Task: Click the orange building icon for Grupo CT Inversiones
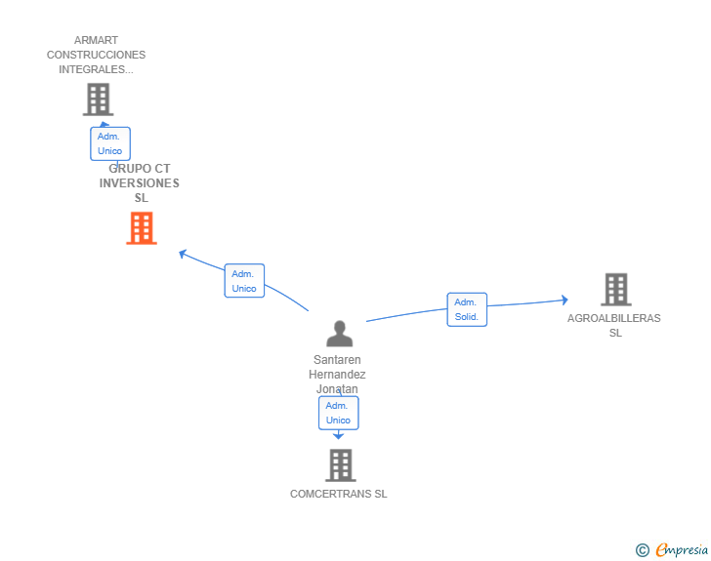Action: point(142,228)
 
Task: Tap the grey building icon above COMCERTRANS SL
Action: point(339,465)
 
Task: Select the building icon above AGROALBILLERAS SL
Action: point(615,290)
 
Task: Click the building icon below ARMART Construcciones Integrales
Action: point(98,100)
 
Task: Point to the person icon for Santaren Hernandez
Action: point(339,335)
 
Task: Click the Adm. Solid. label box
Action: point(467,309)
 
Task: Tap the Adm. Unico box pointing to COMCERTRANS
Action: point(338,413)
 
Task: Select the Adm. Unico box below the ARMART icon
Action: point(110,143)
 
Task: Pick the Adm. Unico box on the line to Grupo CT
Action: point(244,281)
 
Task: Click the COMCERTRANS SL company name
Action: point(338,494)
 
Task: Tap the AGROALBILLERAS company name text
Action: point(614,318)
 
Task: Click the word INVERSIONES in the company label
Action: point(140,183)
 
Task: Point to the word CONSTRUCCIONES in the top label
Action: point(96,56)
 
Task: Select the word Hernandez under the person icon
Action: point(337,375)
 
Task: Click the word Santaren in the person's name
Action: point(337,360)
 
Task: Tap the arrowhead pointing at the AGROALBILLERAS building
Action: point(564,301)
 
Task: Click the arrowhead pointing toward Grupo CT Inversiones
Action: point(183,254)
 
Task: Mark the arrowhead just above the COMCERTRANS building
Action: point(339,436)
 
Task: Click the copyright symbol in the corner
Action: point(642,550)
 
